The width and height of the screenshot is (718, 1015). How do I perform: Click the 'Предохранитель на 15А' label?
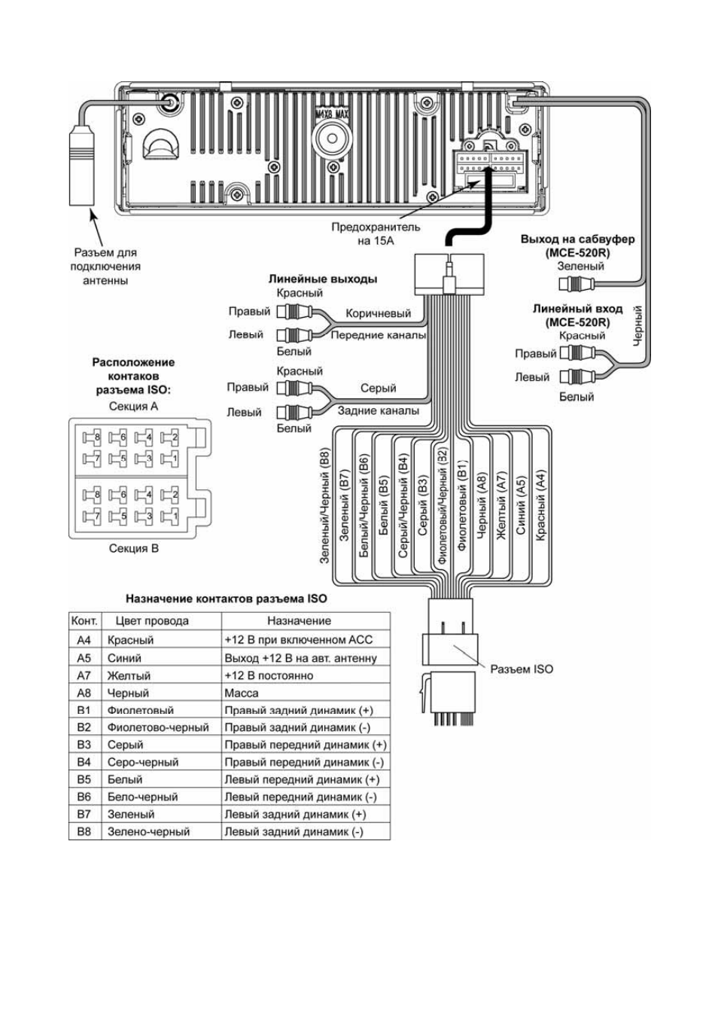tap(376, 233)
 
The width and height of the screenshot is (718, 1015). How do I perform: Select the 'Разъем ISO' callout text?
tap(522, 669)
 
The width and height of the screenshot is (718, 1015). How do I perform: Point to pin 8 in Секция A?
tap(92, 437)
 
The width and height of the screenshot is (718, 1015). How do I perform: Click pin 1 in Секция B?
tap(170, 515)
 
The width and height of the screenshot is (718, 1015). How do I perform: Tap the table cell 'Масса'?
tap(242, 693)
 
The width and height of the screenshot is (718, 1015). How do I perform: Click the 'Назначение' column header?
tap(299, 620)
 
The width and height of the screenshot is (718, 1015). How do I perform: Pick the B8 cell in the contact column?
tap(84, 831)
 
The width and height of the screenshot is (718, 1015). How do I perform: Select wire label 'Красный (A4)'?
tap(540, 504)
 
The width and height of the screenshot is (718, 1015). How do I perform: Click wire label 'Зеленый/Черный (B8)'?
tap(325, 505)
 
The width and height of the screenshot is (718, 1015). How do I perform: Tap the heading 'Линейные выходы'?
tap(323, 279)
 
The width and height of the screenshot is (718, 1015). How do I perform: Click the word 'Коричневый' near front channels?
tap(379, 313)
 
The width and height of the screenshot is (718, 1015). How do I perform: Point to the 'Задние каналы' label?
tap(379, 410)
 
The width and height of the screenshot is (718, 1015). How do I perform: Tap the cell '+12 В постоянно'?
tap(269, 675)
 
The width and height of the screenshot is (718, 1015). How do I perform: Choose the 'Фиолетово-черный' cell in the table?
tap(158, 727)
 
